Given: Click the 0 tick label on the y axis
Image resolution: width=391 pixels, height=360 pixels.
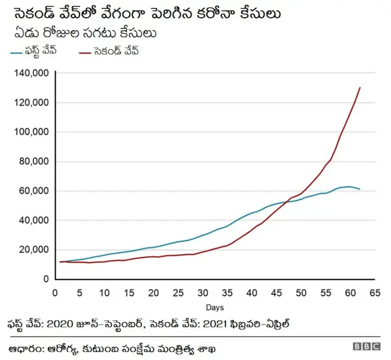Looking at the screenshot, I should click(x=46, y=279).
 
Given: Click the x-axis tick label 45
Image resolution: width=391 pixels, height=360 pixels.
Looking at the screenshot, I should click(x=276, y=292).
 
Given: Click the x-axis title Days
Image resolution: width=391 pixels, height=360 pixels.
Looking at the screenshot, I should click(x=214, y=307).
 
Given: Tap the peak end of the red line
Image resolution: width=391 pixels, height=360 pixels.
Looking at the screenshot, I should click(x=360, y=87).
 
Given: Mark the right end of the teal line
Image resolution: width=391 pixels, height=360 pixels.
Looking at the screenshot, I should click(x=360, y=189).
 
